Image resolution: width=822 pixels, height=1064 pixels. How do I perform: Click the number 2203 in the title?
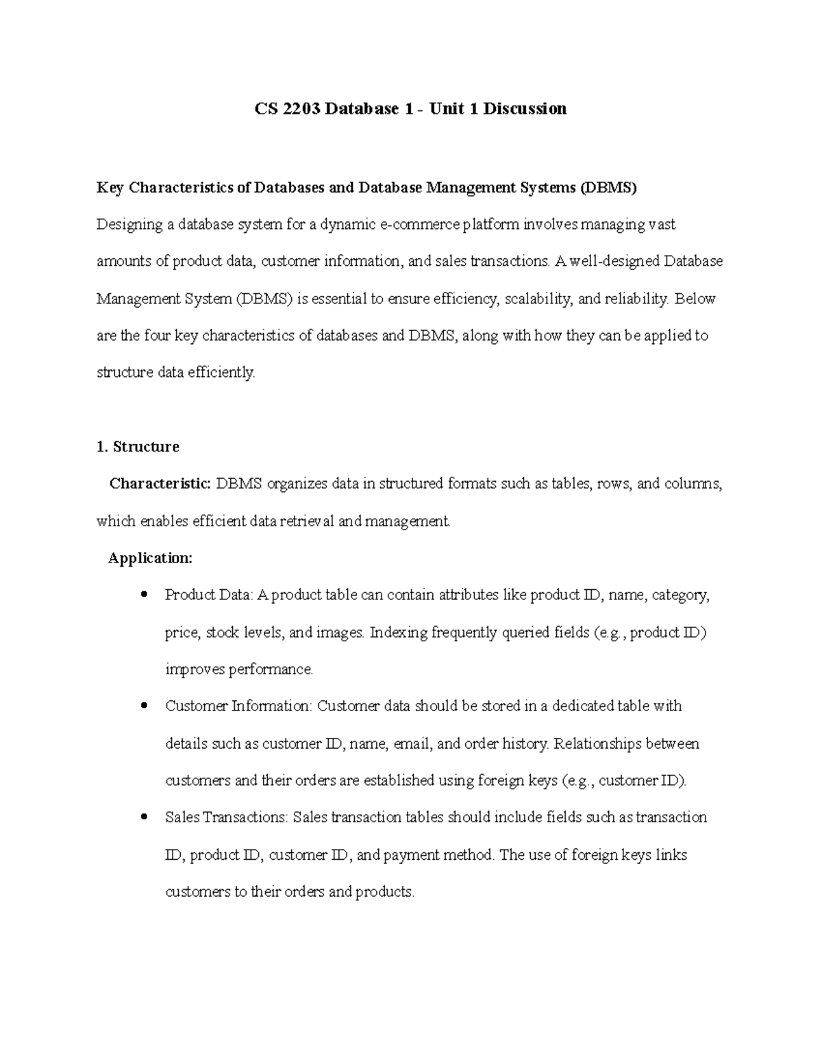(x=297, y=108)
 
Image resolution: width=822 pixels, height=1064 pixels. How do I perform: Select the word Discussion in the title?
(x=525, y=108)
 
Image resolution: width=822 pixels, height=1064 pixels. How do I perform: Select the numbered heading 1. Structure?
(x=138, y=447)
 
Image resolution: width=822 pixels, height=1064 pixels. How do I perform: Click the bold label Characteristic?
(x=160, y=484)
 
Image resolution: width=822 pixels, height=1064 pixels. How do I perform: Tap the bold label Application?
(x=150, y=558)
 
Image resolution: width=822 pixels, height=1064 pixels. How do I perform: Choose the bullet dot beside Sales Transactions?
(x=143, y=817)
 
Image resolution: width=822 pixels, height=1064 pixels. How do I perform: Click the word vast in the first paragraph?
(x=662, y=225)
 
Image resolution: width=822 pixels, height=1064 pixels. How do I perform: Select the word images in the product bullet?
(x=338, y=632)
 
